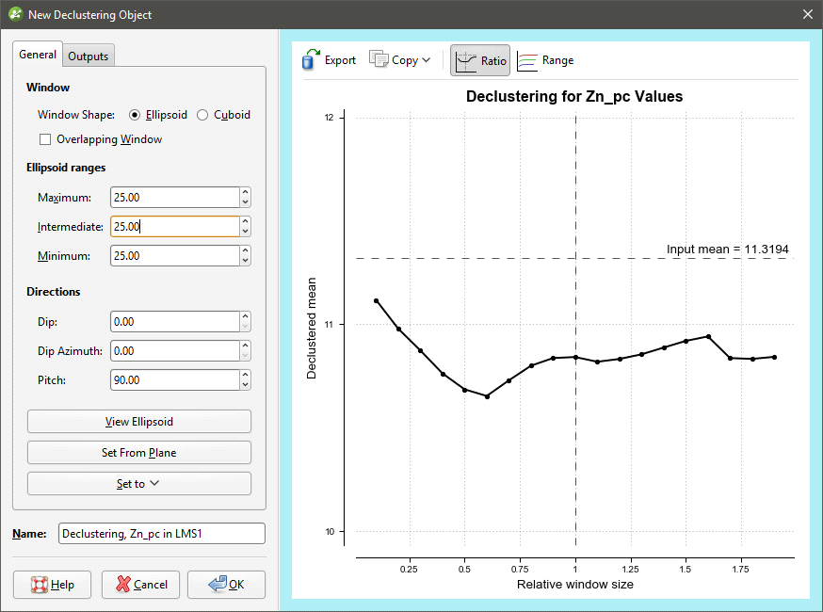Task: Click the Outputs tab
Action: coord(89,56)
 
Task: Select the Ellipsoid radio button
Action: coord(135,115)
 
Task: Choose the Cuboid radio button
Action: coord(202,115)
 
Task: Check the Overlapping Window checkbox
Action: coord(45,139)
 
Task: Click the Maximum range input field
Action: coord(174,198)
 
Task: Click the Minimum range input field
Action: coord(174,256)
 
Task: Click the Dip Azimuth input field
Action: coord(174,351)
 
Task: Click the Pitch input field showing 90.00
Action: coord(174,380)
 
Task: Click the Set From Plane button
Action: coord(139,453)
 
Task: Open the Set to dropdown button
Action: coord(139,484)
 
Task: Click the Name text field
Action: coord(161,534)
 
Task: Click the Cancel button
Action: coord(140,585)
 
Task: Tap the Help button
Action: coord(52,585)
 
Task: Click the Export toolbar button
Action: coord(329,60)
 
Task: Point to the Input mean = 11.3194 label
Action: coord(727,250)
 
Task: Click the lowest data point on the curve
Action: coord(487,396)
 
